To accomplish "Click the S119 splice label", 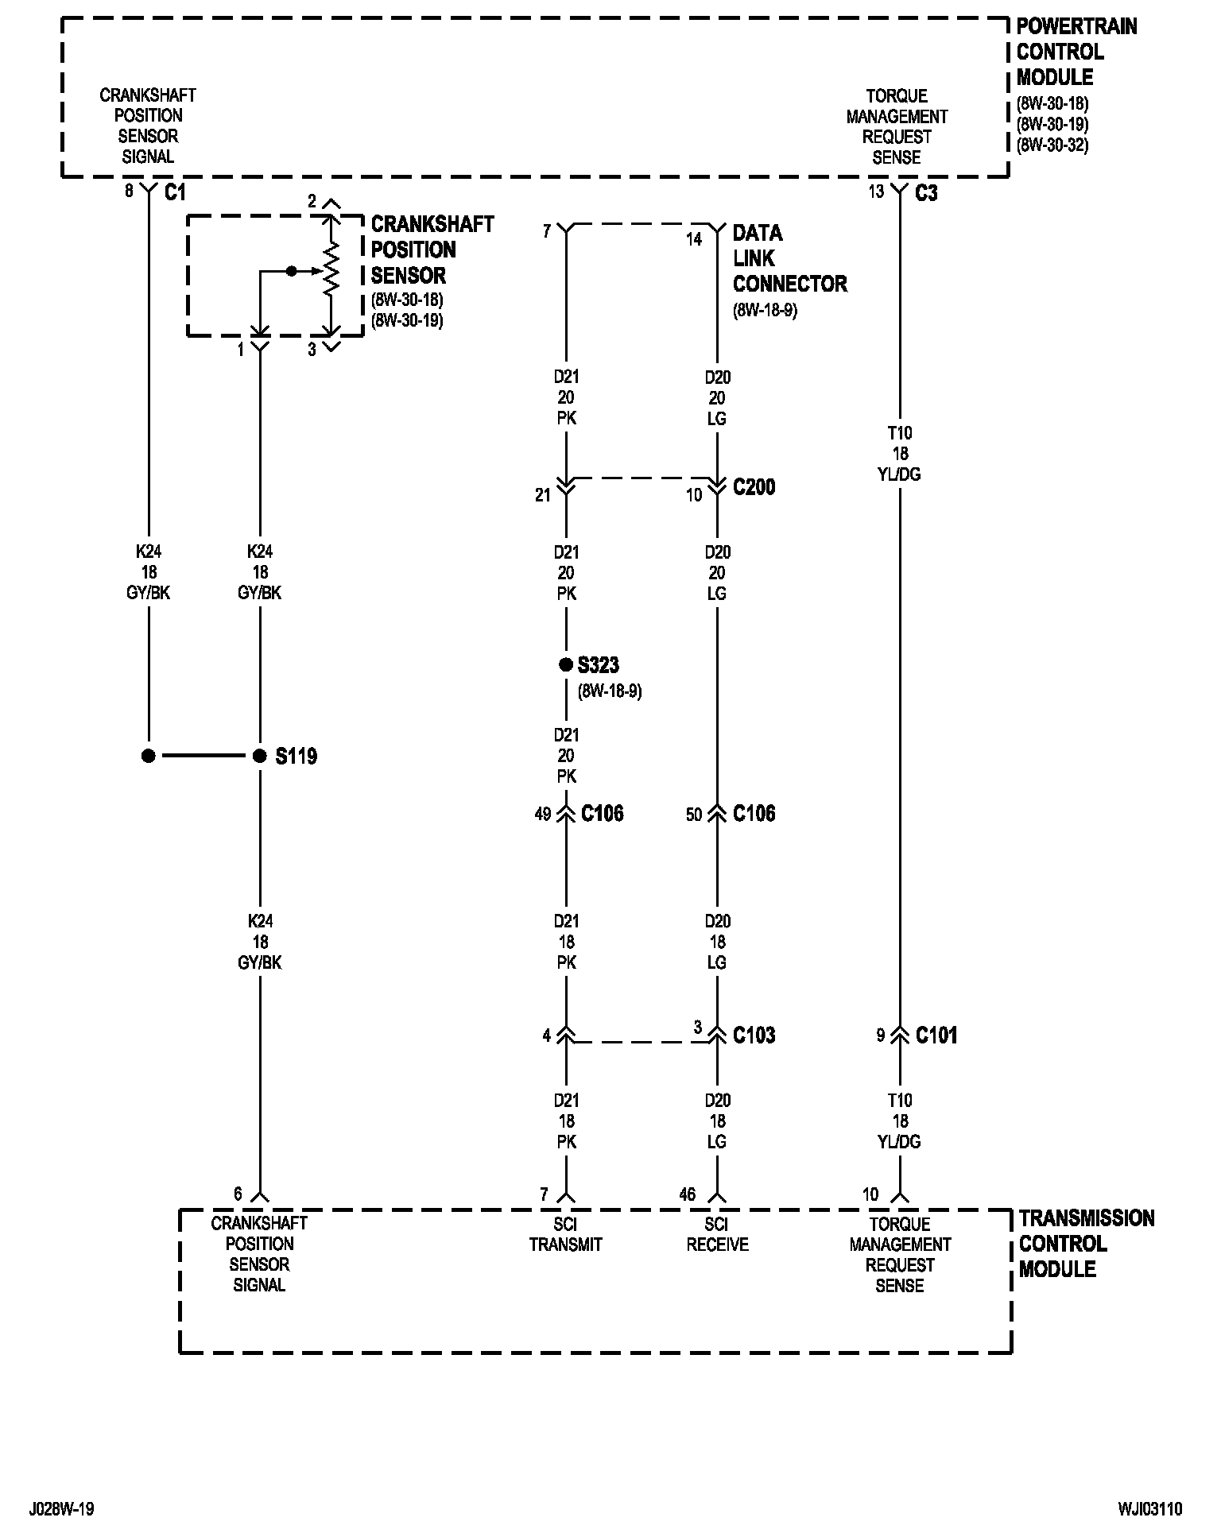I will [296, 756].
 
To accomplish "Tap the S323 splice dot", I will [566, 664].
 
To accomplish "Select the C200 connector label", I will [754, 487].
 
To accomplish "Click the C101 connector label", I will [936, 1035].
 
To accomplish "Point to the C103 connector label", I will [754, 1035].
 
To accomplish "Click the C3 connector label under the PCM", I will [926, 193].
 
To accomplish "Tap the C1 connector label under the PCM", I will [175, 192].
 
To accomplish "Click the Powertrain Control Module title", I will [1076, 52].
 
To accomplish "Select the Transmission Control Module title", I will [1086, 1244].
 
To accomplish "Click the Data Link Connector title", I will [789, 259].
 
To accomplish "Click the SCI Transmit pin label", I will [566, 1234].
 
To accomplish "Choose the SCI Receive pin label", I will [717, 1234].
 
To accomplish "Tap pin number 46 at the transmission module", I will [688, 1194].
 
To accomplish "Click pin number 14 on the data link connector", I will [694, 239].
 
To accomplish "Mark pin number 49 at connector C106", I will [543, 815].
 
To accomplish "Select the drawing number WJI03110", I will [1150, 1508].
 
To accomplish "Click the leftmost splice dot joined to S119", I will [149, 756].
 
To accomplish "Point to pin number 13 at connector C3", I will [875, 192].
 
